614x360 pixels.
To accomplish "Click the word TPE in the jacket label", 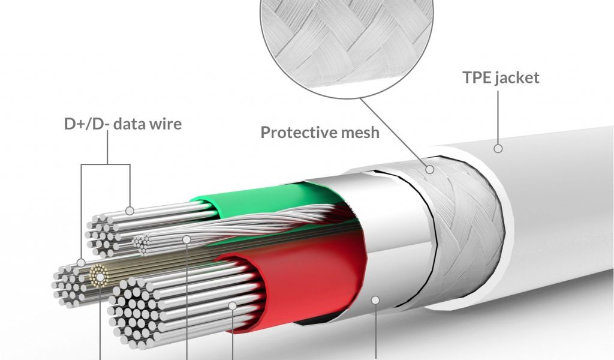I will [x=477, y=78].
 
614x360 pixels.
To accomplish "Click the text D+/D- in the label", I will [x=87, y=124].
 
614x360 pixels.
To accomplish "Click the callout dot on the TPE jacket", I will [x=497, y=148].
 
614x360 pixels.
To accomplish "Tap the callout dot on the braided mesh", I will [x=429, y=170].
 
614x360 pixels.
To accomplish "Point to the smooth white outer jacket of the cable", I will [x=558, y=240].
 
